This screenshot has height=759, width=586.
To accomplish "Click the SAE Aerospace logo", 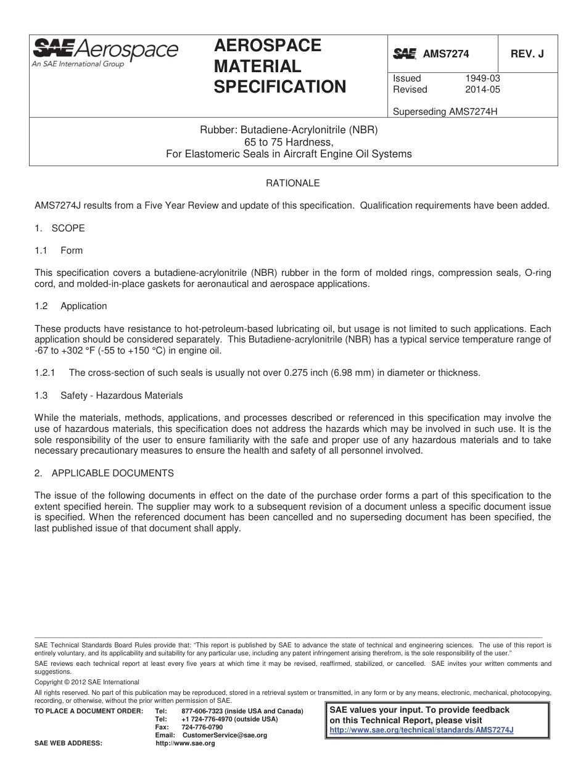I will (105, 51).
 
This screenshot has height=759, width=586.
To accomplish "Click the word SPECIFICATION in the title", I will (279, 87).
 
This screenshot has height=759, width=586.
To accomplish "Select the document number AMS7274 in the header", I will (445, 54).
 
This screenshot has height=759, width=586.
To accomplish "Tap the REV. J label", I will (527, 54).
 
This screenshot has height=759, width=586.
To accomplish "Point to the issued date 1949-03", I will (482, 78).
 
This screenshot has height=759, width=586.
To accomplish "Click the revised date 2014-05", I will (482, 89).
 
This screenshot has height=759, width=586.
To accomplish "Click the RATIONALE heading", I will (292, 183).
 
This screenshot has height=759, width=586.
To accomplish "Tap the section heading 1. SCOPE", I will (59, 228).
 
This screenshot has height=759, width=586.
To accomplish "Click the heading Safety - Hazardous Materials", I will (122, 395).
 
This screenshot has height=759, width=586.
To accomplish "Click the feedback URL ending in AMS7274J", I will (422, 729).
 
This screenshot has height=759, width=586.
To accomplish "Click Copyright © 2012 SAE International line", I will (87, 682).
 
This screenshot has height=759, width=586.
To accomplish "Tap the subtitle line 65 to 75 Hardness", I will (288, 143).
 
